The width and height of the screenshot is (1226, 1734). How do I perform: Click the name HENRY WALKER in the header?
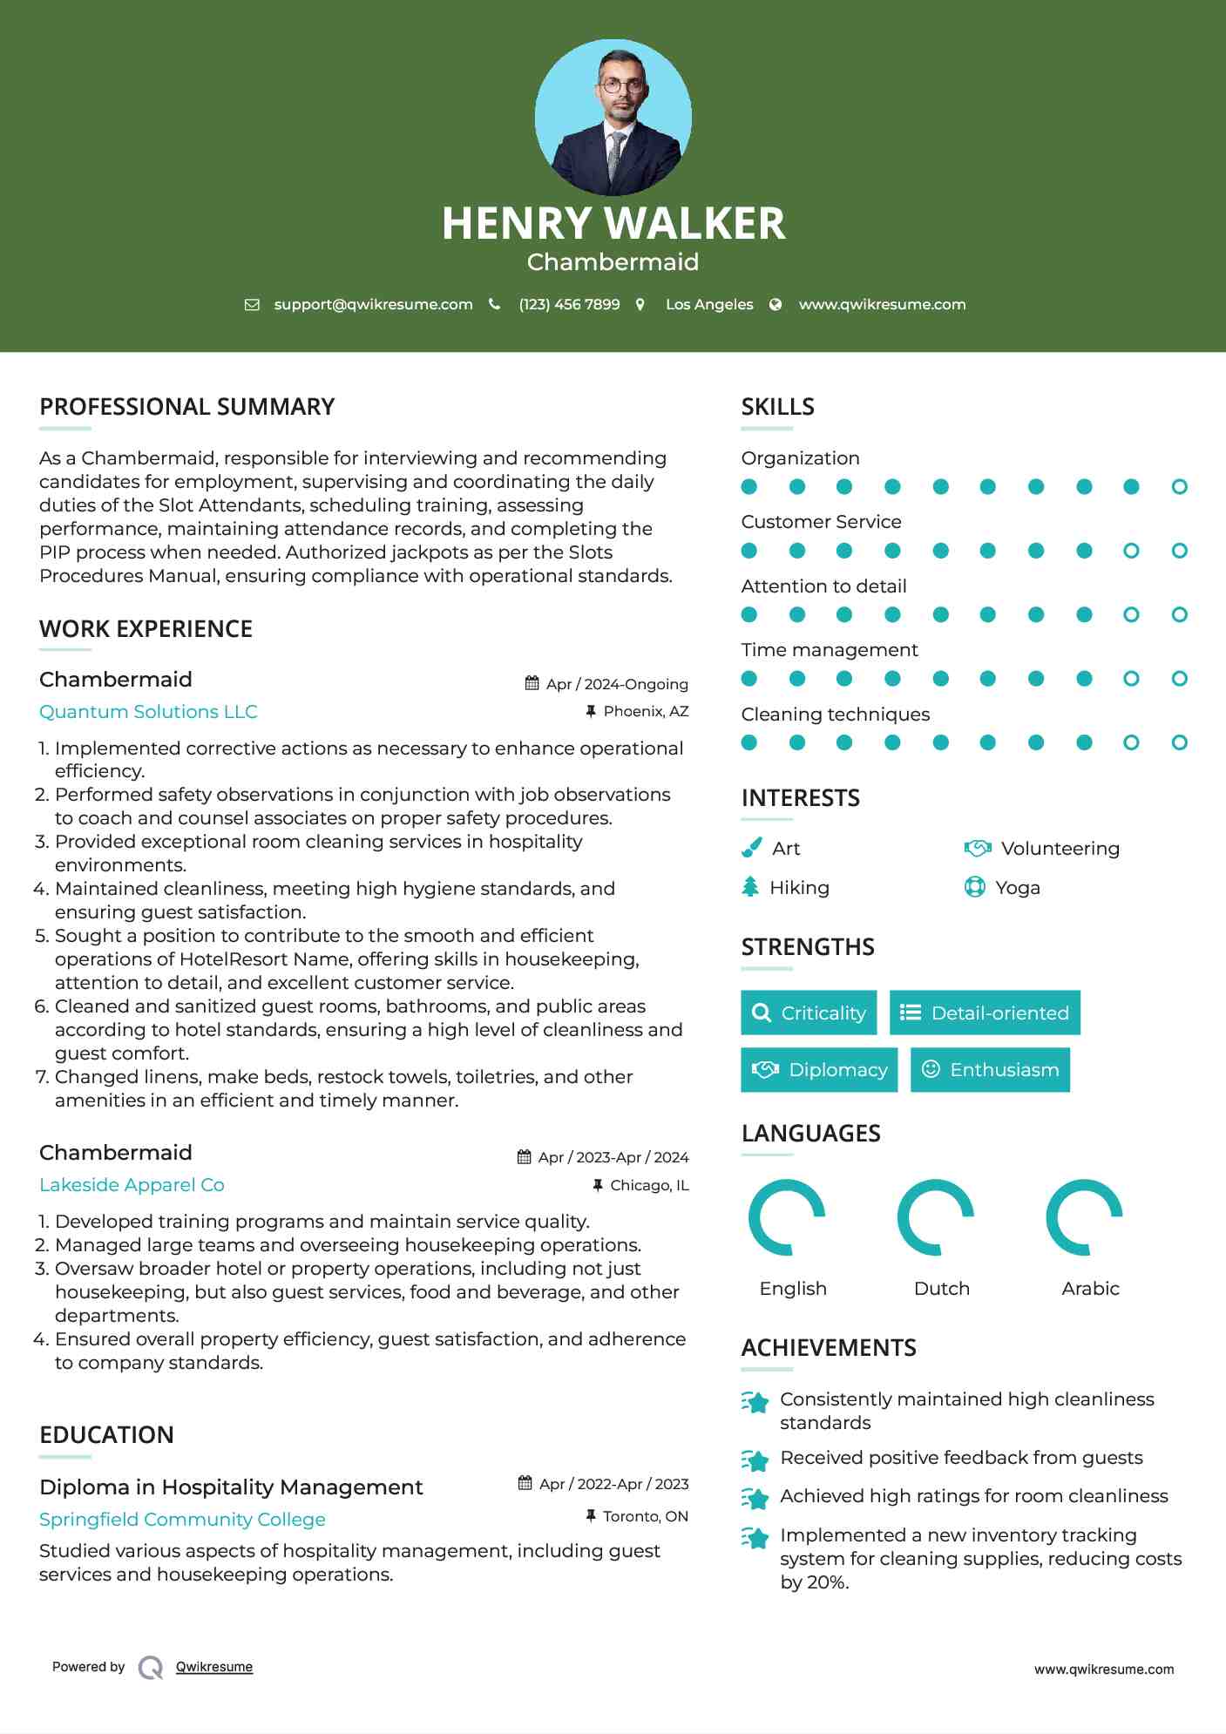613,223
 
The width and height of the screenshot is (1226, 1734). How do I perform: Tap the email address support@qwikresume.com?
373,304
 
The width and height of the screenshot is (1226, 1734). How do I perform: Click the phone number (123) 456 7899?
569,304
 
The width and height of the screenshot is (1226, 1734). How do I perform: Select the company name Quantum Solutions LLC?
148,712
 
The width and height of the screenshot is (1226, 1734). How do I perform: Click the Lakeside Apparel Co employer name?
132,1185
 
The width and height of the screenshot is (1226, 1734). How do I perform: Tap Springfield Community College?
182,1520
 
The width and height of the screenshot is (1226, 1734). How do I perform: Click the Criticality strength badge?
809,1013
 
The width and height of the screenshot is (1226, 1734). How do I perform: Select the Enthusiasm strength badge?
990,1070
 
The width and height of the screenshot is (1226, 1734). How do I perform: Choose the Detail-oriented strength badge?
985,1013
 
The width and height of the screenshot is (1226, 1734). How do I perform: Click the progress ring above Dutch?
935,1217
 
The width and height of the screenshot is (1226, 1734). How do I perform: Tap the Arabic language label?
1090,1289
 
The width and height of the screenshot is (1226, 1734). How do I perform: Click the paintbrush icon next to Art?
751,848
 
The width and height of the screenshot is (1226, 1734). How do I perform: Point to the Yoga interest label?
1018,888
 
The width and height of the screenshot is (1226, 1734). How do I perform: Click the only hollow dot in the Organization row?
1179,487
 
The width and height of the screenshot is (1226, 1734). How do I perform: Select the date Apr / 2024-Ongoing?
617,684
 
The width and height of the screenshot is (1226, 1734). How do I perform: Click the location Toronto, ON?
645,1517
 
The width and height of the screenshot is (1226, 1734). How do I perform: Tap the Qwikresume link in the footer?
214,1667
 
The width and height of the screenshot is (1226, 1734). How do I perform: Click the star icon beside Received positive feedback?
755,1460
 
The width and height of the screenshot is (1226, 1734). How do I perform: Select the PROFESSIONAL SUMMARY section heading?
186,407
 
